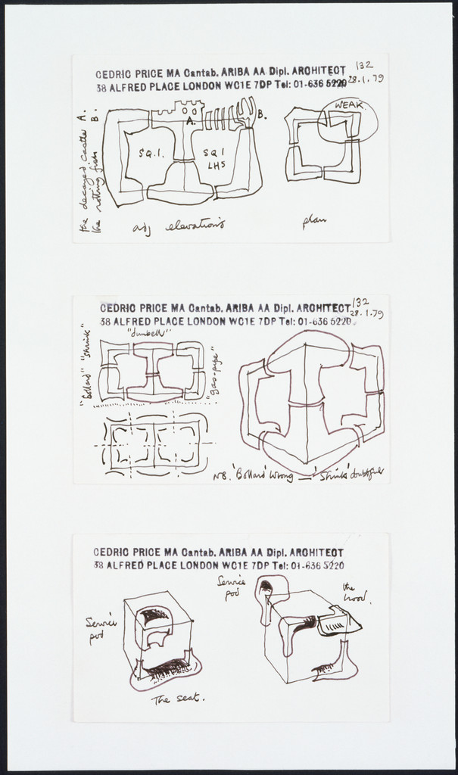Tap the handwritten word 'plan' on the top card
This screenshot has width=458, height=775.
[314, 220]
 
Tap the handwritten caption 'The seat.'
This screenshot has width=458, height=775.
[178, 698]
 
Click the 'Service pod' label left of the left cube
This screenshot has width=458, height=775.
[101, 628]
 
